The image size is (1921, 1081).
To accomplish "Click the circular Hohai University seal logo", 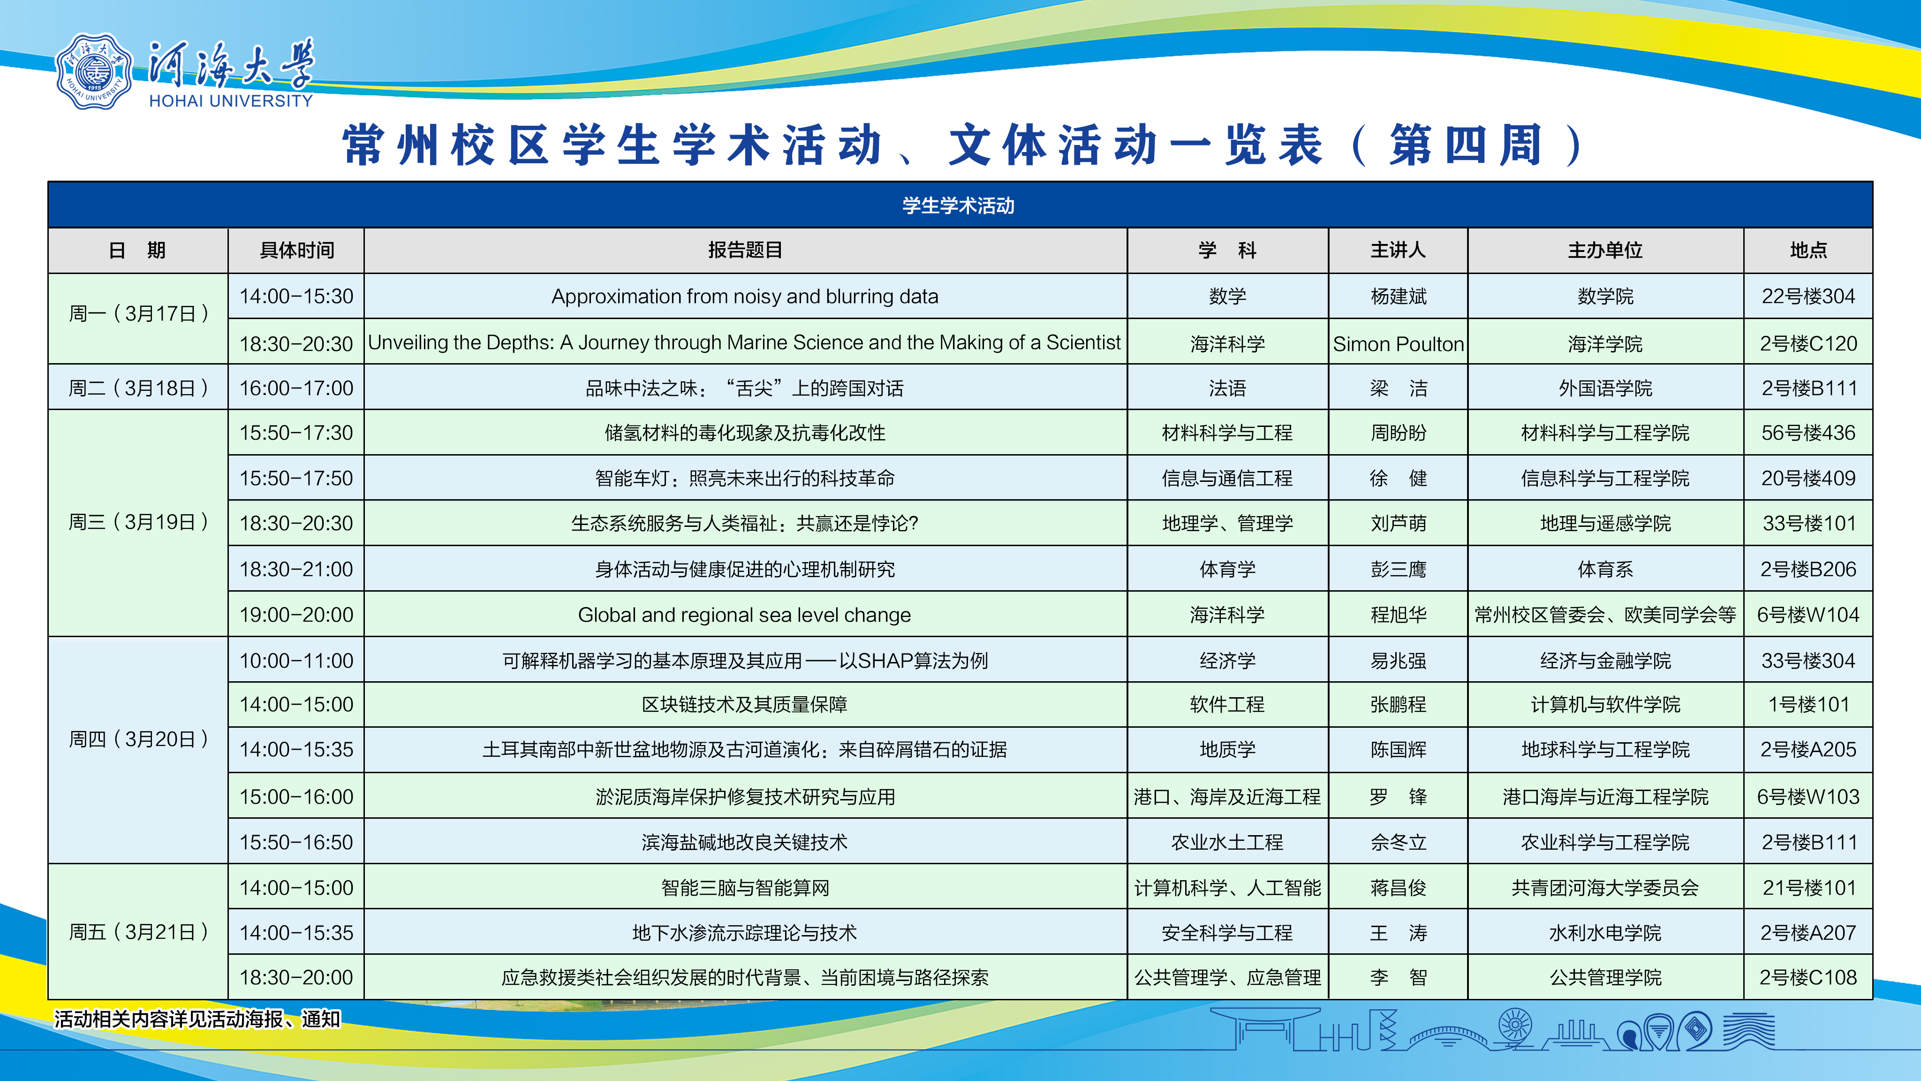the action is (94, 72).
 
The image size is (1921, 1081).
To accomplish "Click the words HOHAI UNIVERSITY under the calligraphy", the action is (231, 101).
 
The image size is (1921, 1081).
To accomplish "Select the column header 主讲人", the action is (1398, 250).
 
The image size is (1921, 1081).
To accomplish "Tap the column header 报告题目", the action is (745, 250).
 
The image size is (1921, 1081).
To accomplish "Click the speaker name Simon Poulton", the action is (1398, 344).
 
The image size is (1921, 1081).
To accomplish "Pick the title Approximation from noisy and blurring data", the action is (745, 296).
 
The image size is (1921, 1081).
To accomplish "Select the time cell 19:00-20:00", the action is (296, 615).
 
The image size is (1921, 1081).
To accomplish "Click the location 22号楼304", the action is (1808, 296).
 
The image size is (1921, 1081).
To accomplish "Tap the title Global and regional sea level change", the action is (745, 615).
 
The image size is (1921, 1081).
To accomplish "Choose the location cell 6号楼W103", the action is (1808, 797).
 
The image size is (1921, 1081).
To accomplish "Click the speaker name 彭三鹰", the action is (1398, 569).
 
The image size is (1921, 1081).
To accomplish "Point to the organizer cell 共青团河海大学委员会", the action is (1605, 888).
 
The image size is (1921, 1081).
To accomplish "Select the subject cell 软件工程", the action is (1227, 704).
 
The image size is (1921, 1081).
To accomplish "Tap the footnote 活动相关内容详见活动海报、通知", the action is (197, 1019).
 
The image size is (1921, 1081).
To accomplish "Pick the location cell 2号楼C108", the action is (1808, 977).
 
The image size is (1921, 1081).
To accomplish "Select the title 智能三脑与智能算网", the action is (745, 888).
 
